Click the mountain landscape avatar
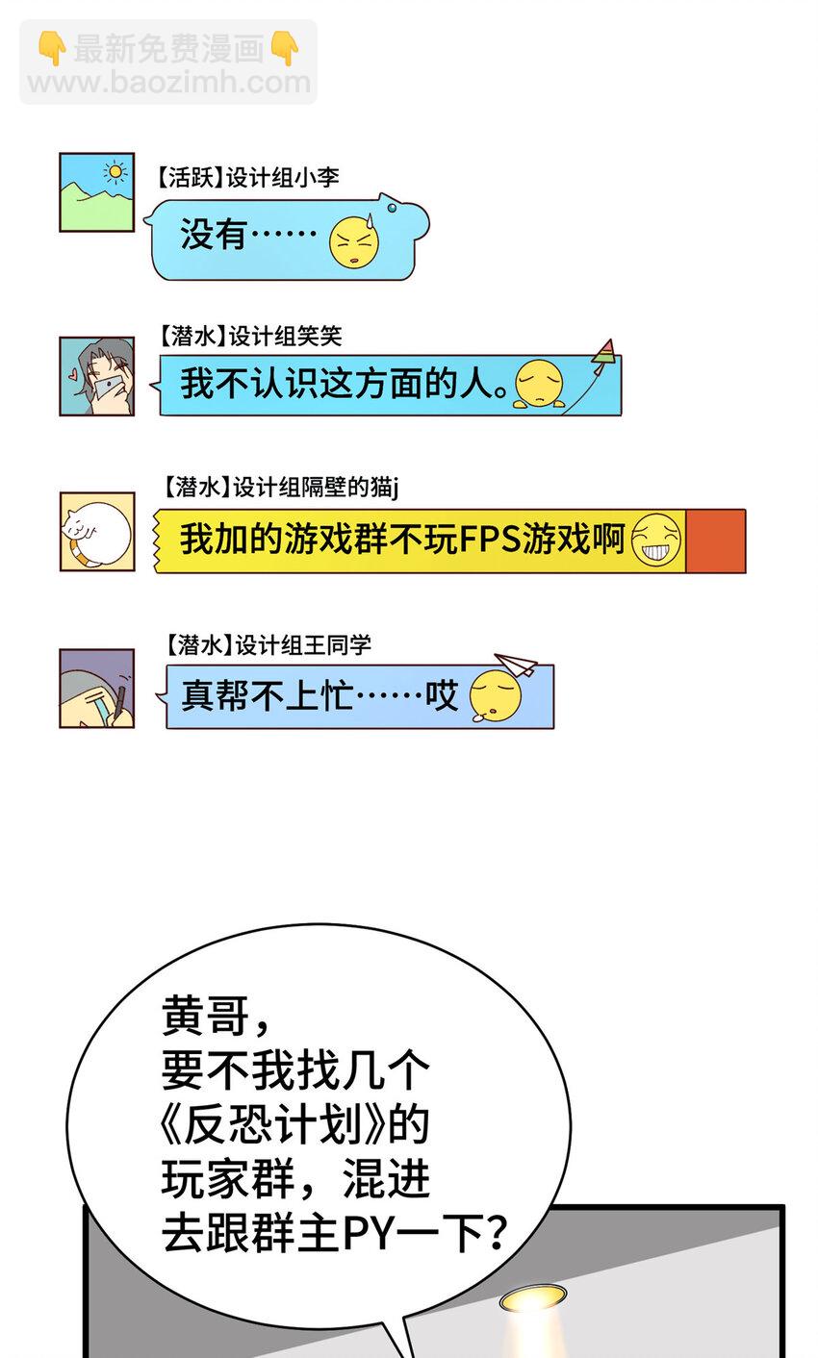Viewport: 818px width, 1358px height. tap(96, 192)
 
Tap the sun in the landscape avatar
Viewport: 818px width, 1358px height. tap(115, 173)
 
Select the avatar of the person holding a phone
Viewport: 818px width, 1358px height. tap(96, 376)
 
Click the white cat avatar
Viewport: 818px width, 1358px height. tap(96, 532)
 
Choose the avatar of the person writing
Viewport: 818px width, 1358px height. tap(96, 688)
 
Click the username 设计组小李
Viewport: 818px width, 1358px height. tap(283, 178)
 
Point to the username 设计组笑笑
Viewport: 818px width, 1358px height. tap(285, 336)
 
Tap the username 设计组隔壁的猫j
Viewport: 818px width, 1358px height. tap(316, 488)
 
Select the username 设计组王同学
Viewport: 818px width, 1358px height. tap(303, 645)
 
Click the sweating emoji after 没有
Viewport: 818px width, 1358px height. tap(354, 241)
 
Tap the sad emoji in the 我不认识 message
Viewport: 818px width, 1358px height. tap(539, 384)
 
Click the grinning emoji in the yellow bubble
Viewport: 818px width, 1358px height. tap(656, 539)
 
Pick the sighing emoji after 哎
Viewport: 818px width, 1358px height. tap(496, 696)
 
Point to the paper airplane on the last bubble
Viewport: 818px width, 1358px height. tap(516, 665)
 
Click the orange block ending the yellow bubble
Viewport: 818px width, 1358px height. tap(715, 541)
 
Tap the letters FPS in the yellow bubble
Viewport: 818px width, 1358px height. tap(490, 539)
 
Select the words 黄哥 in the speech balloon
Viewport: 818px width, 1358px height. tap(206, 1016)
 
